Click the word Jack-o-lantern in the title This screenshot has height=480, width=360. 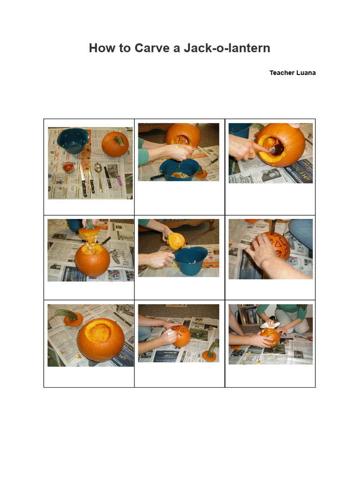click(226, 48)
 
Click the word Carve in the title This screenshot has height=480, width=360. click(152, 48)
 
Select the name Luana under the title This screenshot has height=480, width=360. click(306, 73)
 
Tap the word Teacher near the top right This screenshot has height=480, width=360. click(281, 73)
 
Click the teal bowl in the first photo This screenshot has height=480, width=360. click(73, 140)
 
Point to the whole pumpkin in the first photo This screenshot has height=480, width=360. click(115, 144)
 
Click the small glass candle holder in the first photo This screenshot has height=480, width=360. click(68, 167)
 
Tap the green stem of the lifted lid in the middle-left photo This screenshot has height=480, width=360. click(89, 224)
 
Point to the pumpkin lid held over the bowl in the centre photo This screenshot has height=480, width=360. click(176, 241)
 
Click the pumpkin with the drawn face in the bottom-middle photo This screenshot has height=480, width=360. click(181, 336)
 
